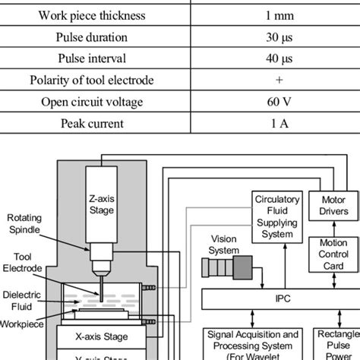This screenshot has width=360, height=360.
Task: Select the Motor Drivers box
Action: pyautogui.click(x=328, y=205)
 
